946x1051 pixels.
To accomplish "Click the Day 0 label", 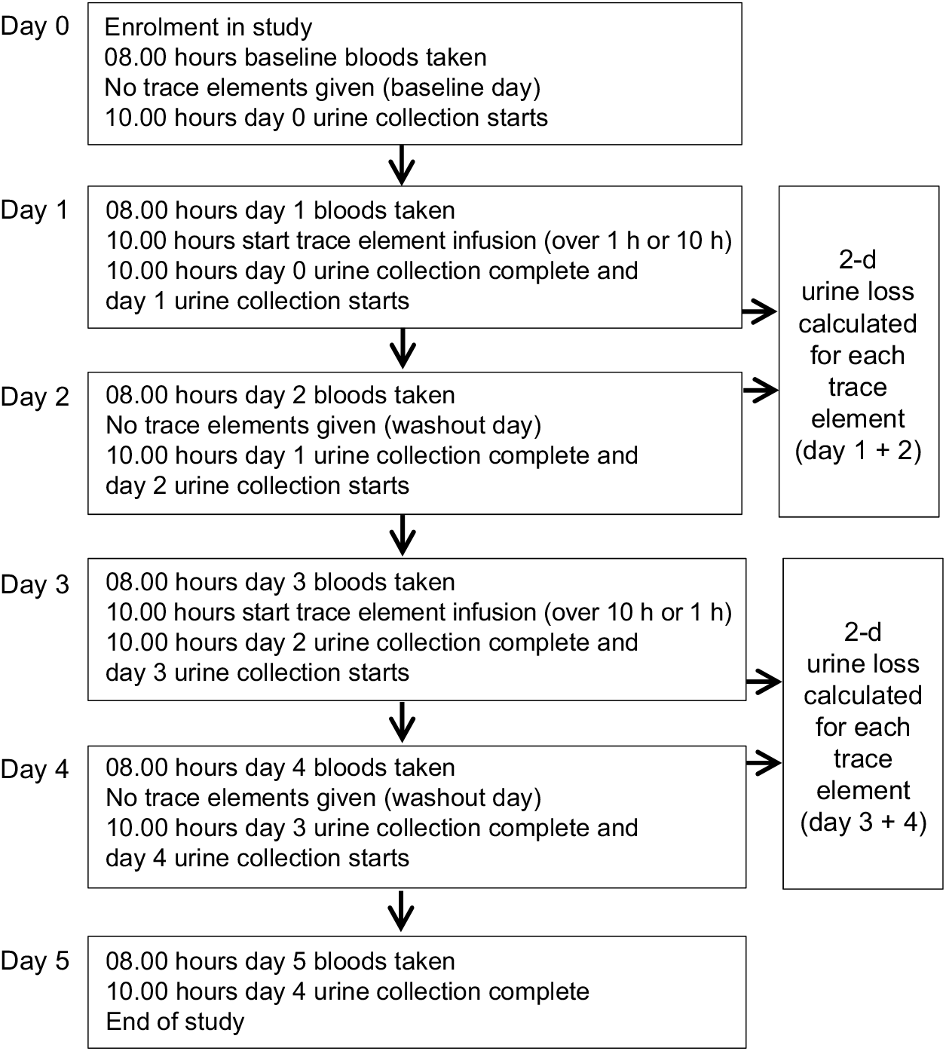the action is click(x=35, y=26).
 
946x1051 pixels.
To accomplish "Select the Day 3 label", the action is click(x=35, y=584).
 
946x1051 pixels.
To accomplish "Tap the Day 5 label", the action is click(x=35, y=961).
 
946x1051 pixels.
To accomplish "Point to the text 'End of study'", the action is click(x=175, y=1022).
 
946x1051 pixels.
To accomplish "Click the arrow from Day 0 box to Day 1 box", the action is click(x=402, y=165).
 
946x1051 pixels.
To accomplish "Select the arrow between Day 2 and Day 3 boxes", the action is click(x=403, y=535).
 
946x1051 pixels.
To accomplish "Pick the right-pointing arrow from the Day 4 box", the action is click(x=764, y=763).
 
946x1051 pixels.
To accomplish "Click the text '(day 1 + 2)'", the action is click(x=858, y=451).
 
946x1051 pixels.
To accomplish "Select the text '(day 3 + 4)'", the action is click(x=863, y=822).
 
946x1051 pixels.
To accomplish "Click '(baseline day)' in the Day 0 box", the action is click(x=461, y=87).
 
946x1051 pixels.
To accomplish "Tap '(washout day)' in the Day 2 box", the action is click(x=463, y=425).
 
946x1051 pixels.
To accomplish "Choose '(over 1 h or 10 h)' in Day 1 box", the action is click(x=638, y=241).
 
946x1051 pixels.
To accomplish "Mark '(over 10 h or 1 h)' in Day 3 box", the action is click(x=638, y=612).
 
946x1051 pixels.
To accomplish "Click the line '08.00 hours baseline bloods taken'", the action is click(x=295, y=57).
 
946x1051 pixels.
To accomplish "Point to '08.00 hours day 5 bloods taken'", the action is click(x=280, y=961).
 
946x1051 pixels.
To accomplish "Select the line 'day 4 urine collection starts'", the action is click(x=257, y=858).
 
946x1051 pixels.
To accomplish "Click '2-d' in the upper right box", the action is click(x=858, y=259).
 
